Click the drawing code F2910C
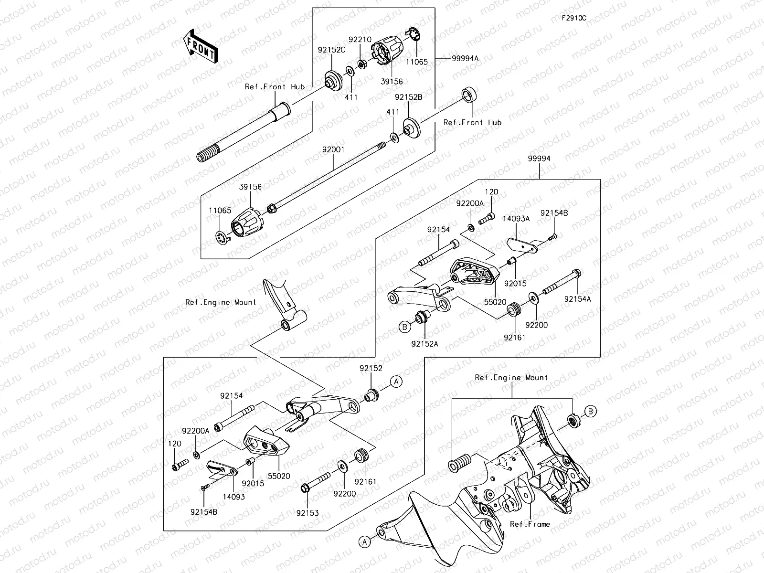pyautogui.click(x=573, y=18)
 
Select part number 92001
pyautogui.click(x=334, y=149)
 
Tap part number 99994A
pyautogui.click(x=465, y=58)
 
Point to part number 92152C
pyautogui.click(x=332, y=49)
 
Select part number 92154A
pyautogui.click(x=578, y=299)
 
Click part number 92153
pyautogui.click(x=307, y=513)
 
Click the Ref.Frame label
pyautogui.click(x=530, y=524)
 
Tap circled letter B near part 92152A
pyautogui.click(x=405, y=327)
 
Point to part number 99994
pyautogui.click(x=540, y=159)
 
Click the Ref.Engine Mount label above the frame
pyautogui.click(x=511, y=377)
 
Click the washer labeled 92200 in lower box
pyautogui.click(x=342, y=466)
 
